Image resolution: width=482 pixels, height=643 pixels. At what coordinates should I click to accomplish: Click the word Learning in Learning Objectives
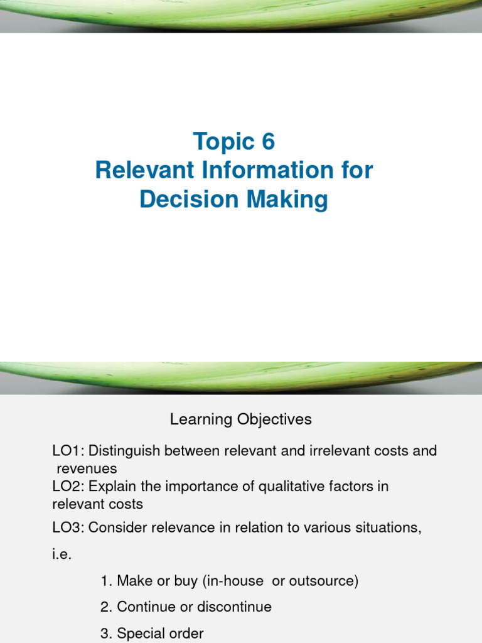pyautogui.click(x=200, y=419)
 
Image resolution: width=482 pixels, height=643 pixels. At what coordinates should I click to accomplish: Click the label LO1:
pyautogui.click(x=68, y=451)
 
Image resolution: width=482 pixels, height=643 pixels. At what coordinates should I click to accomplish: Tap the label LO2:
pyautogui.click(x=68, y=487)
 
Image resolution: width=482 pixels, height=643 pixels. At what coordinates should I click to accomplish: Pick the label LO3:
pyautogui.click(x=68, y=528)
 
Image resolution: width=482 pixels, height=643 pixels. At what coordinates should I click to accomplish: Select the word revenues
pyautogui.click(x=87, y=468)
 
